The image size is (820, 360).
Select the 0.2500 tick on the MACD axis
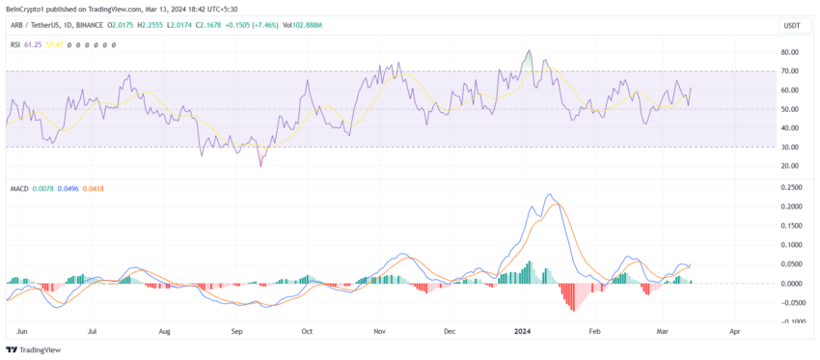pyautogui.click(x=790, y=189)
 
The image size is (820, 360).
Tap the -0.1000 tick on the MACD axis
pyautogui.click(x=790, y=321)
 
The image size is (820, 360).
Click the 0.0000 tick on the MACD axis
pyautogui.click(x=790, y=284)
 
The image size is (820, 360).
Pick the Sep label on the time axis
pyautogui.click(x=237, y=331)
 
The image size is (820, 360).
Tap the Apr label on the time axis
pyautogui.click(x=735, y=331)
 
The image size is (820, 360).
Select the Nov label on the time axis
pyautogui.click(x=379, y=331)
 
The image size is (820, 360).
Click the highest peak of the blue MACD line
pyautogui.click(x=550, y=196)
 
